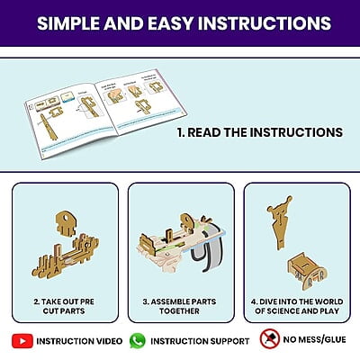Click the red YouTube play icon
[22, 341]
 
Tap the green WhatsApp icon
[138, 341]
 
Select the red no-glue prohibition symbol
[270, 339]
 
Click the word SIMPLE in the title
[68, 23]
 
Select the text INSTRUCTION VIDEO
[79, 341]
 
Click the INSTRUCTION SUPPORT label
[200, 341]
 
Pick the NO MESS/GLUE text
[314, 339]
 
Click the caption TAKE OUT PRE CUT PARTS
[64, 306]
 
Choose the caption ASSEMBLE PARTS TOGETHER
[179, 306]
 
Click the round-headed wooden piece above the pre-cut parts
[66, 223]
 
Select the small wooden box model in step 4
[307, 272]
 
